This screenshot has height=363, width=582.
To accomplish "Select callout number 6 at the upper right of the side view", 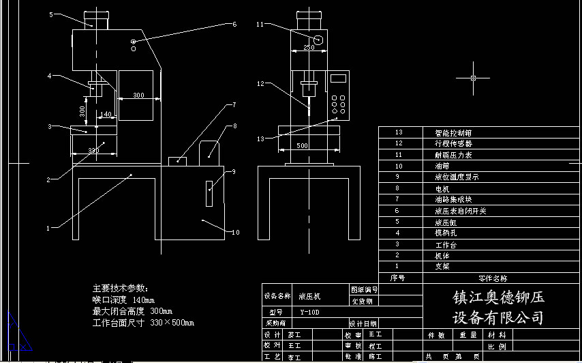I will click(234, 25).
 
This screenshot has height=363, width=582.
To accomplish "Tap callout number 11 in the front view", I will click(260, 25).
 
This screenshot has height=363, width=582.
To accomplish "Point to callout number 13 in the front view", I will click(260, 139).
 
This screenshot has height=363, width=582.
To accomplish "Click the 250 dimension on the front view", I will click(309, 48).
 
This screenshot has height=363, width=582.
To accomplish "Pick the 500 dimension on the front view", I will click(302, 146).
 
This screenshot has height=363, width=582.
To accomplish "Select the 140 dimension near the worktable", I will click(105, 114).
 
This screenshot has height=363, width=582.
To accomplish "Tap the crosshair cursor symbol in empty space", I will click(475, 78).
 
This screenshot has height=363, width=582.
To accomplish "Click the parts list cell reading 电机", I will click(442, 188).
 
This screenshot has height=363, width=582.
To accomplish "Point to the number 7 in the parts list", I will click(399, 199).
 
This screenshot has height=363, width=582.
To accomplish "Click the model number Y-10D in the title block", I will click(309, 312).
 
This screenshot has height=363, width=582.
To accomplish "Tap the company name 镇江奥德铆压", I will click(498, 298).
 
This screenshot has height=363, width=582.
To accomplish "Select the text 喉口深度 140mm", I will click(123, 300).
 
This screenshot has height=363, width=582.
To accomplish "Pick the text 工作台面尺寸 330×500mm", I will click(143, 323).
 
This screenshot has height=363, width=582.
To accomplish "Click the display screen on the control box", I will click(338, 78).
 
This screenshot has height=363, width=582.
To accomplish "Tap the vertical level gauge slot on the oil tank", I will click(210, 192).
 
